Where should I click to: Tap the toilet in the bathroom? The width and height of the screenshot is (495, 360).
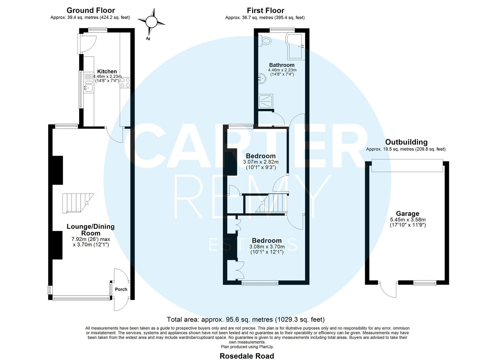(265, 41)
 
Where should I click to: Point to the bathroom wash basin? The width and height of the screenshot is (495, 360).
(262, 79)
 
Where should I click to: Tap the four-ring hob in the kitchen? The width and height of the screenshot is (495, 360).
(125, 83)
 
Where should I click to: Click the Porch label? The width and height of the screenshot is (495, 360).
(121, 289)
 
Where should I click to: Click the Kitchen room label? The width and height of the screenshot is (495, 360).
(107, 72)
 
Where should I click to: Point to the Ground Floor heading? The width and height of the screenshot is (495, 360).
(91, 11)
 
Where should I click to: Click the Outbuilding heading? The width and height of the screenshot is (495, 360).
(406, 142)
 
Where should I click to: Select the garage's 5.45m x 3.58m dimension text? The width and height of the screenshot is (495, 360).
(408, 220)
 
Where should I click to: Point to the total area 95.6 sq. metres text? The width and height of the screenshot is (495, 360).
(246, 319)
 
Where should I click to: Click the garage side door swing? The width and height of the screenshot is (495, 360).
(388, 289)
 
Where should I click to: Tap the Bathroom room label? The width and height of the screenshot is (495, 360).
(282, 65)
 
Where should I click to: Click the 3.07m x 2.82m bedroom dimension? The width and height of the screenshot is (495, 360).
(261, 162)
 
